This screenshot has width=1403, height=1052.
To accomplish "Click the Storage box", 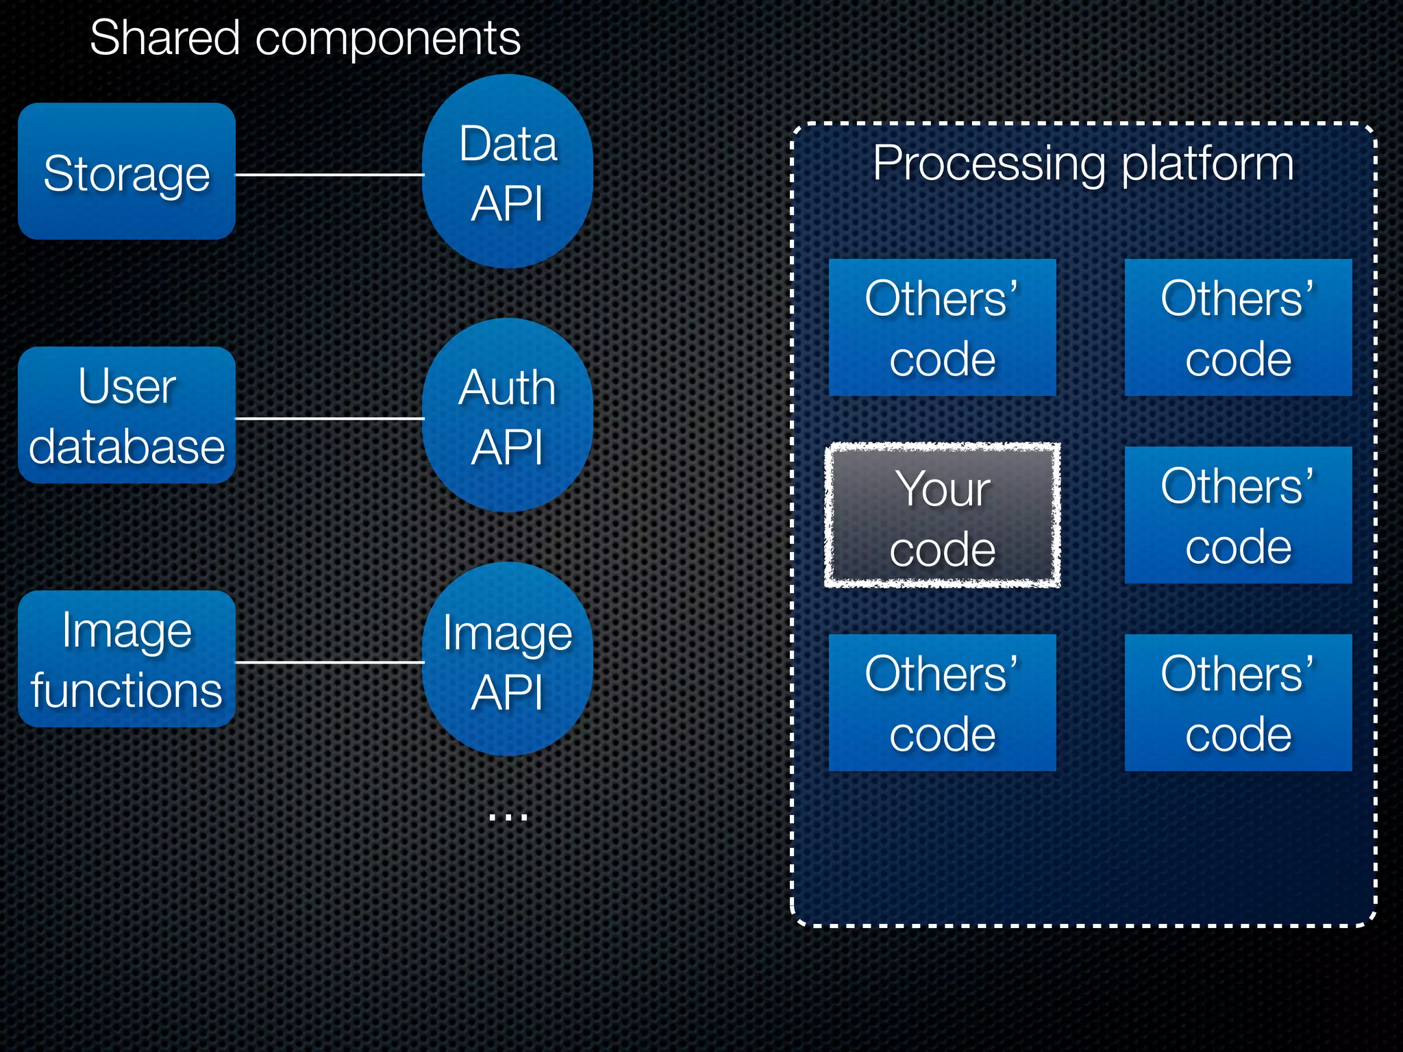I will [x=127, y=171].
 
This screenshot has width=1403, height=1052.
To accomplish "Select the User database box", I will [x=127, y=415].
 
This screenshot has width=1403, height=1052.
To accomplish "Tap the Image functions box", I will [x=127, y=659].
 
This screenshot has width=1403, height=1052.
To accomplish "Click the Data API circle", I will [x=508, y=171].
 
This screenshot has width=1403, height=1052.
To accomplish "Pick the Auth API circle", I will [x=508, y=415].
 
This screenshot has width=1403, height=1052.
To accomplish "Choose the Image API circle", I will [x=508, y=659].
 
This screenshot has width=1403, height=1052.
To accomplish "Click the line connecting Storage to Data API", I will [x=329, y=175].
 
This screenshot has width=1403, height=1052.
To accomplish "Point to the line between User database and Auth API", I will [x=329, y=418].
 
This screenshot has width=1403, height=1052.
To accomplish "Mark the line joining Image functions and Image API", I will [x=329, y=662].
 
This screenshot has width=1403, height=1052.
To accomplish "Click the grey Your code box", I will [x=942, y=515].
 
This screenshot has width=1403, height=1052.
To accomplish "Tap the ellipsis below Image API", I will [x=508, y=816].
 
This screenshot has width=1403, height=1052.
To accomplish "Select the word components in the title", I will [x=388, y=40].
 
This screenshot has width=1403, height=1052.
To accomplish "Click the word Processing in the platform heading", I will [x=989, y=164].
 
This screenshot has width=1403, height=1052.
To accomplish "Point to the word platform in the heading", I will [x=1208, y=164].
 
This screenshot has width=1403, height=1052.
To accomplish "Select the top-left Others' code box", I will [x=942, y=327].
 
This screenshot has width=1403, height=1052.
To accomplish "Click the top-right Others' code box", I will [x=1238, y=327].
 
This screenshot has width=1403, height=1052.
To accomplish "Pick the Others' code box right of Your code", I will [x=1238, y=515].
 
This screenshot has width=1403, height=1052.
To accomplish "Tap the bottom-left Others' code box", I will [x=942, y=703].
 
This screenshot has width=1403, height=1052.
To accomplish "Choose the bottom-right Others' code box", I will [x=1238, y=703].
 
